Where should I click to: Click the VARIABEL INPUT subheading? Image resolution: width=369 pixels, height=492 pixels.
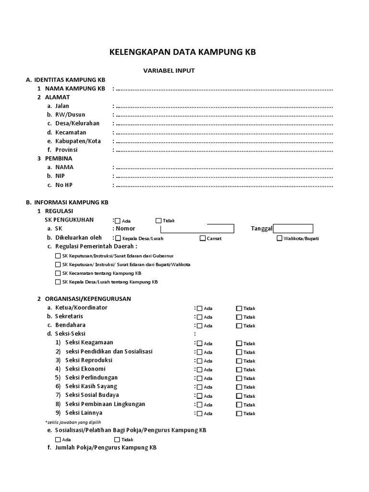coord(169,70)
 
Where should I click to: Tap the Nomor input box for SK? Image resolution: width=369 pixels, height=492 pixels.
coord(197,229)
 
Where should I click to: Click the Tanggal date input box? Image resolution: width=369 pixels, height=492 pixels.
coord(293,229)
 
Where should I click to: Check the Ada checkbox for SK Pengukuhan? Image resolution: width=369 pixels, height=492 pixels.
coord(118,221)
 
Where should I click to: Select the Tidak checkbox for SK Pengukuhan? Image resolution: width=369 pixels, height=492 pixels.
coord(159,221)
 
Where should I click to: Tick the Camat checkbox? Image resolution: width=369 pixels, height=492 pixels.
coord(203,238)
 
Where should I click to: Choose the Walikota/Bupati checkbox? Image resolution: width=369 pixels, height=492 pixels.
coord(280,238)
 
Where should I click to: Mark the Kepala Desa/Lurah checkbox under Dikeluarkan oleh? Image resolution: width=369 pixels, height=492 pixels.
coord(118,238)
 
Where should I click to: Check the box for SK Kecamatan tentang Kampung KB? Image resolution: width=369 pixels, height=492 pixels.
coord(58,273)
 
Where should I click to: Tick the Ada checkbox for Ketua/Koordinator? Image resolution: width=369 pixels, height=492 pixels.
coord(199,308)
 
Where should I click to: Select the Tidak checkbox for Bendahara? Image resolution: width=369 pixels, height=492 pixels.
coord(239,326)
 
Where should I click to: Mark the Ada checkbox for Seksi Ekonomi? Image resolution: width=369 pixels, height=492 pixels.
coord(199,369)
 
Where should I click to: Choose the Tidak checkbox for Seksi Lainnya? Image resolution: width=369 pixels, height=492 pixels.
coord(239,413)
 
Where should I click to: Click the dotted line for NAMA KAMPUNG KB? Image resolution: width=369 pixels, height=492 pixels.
coord(224,89)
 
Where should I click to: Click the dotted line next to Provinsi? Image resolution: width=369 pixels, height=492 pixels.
coord(224,150)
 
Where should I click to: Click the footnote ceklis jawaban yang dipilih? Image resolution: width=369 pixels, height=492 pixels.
coord(72,422)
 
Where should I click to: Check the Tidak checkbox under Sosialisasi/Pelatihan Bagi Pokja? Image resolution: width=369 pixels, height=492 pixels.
coord(117,440)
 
